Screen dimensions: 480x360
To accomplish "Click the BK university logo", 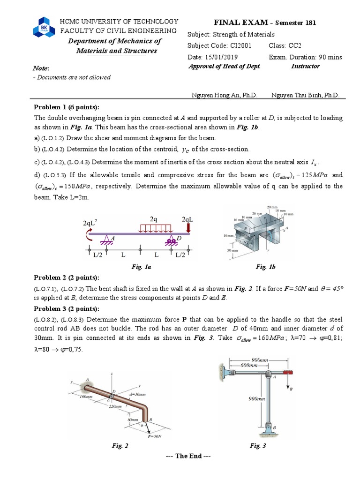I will (x=44, y=28).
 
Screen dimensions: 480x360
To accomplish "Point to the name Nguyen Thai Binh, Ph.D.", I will (x=305, y=95).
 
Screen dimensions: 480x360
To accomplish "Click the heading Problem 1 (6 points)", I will (x=66, y=107).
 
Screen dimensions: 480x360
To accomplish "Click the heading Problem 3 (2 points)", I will (x=66, y=308).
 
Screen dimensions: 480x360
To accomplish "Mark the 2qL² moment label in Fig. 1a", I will (x=91, y=223).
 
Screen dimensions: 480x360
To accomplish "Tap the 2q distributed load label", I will (x=153, y=219).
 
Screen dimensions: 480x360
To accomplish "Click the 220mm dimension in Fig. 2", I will (x=115, y=406).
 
